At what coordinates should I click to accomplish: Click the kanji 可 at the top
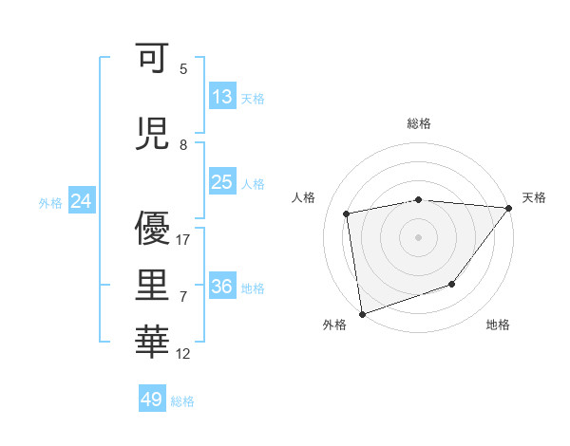[153, 59]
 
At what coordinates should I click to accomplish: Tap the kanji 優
[153, 228]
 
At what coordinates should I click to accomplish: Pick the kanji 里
[153, 283]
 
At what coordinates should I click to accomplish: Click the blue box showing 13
[222, 97]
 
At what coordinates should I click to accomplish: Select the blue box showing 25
[222, 182]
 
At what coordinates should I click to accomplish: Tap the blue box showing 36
[222, 287]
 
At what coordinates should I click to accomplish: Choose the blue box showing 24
[82, 201]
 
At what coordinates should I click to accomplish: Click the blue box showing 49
[152, 400]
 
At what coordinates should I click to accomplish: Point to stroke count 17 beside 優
[184, 240]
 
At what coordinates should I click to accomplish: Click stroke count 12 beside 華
[184, 354]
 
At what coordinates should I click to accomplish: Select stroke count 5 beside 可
[183, 69]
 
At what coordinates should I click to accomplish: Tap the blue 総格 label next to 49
[182, 401]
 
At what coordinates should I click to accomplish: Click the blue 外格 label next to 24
[50, 203]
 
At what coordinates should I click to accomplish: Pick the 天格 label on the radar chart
[534, 197]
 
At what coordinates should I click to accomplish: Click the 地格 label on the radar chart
[498, 325]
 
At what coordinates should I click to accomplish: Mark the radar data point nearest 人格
[347, 214]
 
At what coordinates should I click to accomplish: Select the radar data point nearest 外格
[362, 313]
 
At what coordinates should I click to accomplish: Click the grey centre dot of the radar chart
[418, 236]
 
